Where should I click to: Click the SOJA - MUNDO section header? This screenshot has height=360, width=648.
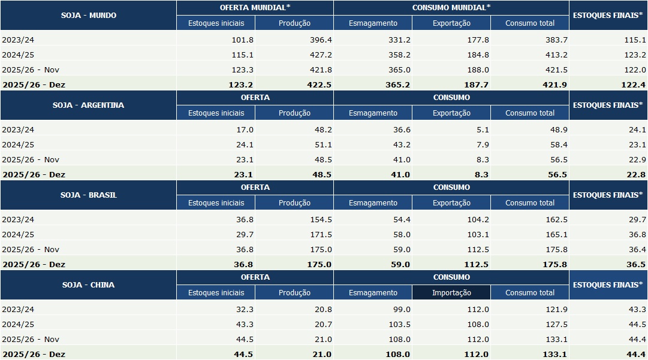[x=88, y=16]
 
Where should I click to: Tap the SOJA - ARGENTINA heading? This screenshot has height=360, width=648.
[x=88, y=105]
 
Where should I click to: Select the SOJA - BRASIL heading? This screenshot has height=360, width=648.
[x=88, y=195]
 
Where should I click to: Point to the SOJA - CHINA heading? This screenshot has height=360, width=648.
[x=88, y=285]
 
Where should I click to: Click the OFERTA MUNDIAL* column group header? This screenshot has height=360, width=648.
[x=255, y=8]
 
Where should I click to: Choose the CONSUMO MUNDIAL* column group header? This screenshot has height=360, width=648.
[x=451, y=8]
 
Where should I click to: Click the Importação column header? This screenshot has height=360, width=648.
[x=451, y=293]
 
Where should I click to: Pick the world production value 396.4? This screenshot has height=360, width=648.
[x=320, y=40]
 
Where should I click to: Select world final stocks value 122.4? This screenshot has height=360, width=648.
[x=633, y=84]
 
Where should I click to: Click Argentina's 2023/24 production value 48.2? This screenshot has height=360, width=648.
[x=322, y=129]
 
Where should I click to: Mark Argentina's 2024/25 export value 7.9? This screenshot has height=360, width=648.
[x=481, y=144]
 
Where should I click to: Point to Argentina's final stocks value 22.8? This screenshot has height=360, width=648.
[x=635, y=174]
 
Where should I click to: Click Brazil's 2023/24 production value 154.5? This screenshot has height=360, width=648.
[x=320, y=219]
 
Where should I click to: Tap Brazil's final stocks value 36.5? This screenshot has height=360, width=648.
[x=635, y=264]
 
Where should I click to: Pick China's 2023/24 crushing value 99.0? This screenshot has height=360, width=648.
[x=400, y=309]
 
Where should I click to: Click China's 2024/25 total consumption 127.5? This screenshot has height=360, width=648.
[x=556, y=324]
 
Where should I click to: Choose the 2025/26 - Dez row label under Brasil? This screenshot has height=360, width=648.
[x=34, y=264]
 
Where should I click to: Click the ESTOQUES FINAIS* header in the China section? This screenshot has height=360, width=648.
[x=608, y=285]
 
